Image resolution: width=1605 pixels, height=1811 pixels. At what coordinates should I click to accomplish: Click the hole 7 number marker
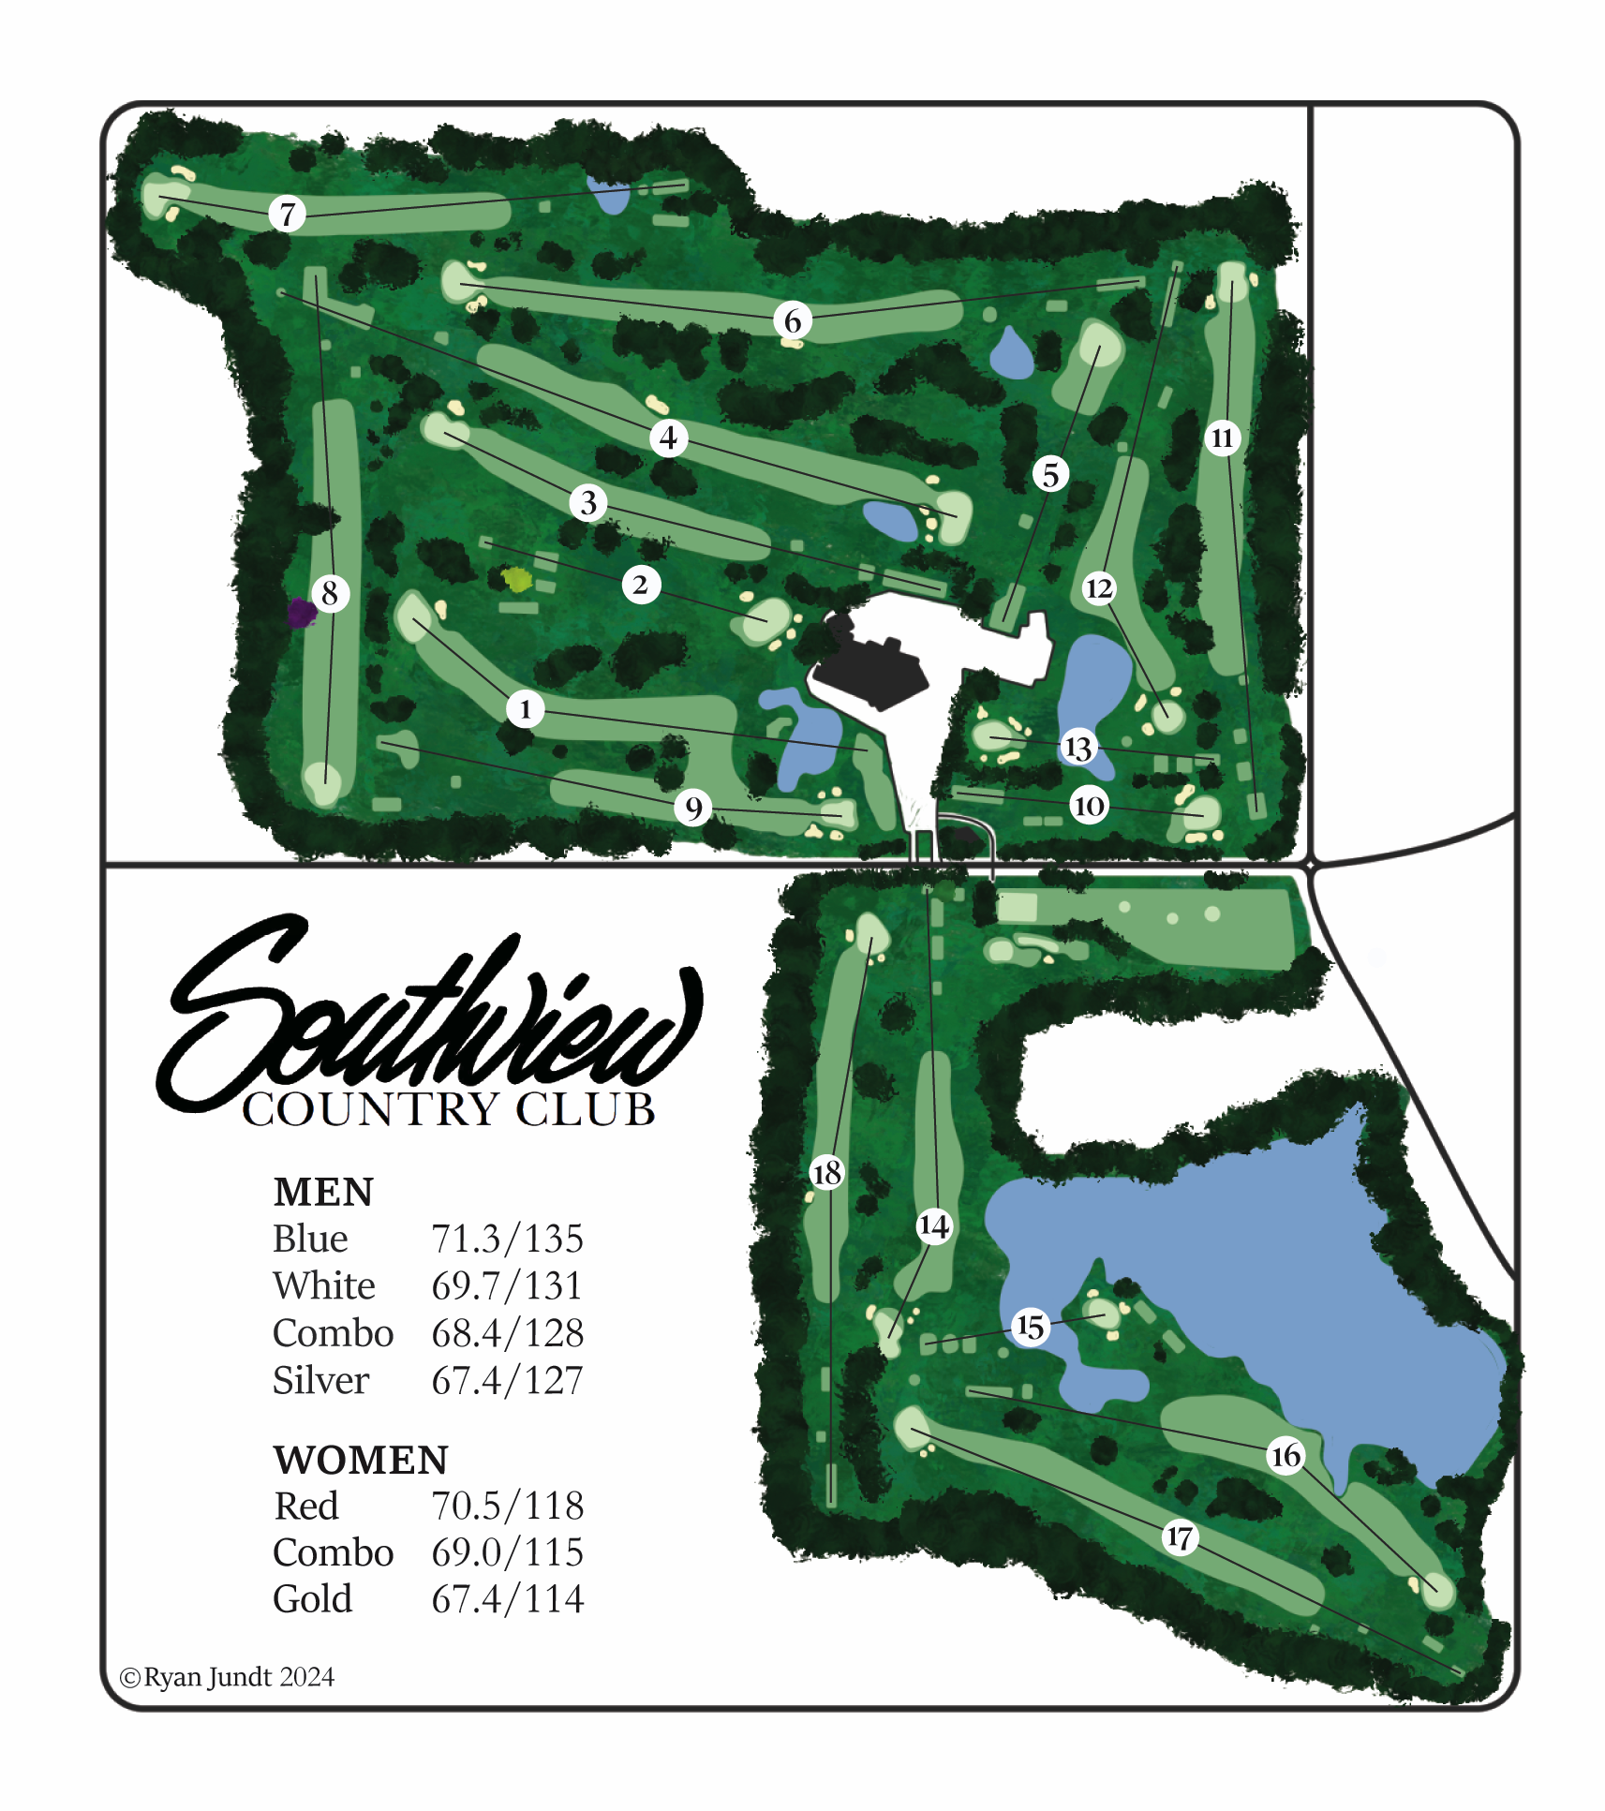(x=288, y=215)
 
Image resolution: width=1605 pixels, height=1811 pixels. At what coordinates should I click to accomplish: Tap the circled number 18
(x=826, y=1172)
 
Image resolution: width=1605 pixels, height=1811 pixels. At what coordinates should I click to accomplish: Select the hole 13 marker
(x=1077, y=747)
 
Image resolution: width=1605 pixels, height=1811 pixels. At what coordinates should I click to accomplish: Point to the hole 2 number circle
(x=641, y=585)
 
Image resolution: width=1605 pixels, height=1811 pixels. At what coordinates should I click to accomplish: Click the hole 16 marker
(x=1285, y=1455)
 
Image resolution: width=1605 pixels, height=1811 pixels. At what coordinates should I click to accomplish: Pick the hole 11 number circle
(x=1222, y=438)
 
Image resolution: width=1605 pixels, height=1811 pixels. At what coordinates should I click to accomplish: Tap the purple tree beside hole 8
(x=301, y=613)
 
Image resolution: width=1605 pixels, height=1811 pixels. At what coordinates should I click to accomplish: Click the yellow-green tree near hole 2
(x=517, y=579)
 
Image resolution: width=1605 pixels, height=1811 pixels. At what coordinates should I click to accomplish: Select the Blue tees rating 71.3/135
(x=507, y=1239)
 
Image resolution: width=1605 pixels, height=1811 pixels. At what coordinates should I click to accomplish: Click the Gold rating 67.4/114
(x=507, y=1598)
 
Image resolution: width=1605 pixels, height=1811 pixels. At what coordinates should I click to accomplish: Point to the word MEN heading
(x=323, y=1192)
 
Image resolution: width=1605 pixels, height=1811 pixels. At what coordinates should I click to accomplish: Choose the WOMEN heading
(x=361, y=1460)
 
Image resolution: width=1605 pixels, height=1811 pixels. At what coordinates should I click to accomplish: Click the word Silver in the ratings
(x=321, y=1380)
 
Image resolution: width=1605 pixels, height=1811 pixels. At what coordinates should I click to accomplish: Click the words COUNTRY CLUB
(x=448, y=1109)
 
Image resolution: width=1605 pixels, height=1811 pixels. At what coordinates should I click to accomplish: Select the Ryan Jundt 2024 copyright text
(x=228, y=1676)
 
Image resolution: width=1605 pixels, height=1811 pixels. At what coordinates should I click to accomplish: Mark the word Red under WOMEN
(x=306, y=1506)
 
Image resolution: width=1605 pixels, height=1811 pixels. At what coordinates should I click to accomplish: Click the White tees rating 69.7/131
(x=507, y=1285)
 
